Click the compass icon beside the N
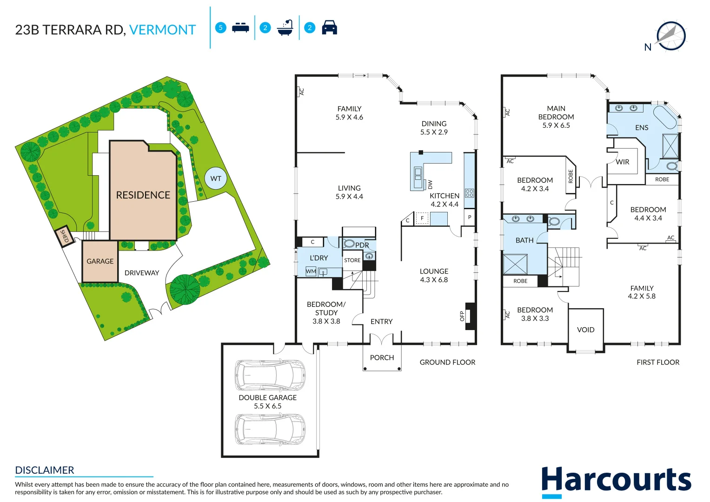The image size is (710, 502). [671, 36]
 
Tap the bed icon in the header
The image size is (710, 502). [240, 27]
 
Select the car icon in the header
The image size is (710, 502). [329, 27]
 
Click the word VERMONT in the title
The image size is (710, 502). [162, 30]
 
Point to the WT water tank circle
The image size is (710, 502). [216, 178]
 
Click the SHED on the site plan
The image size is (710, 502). [64, 237]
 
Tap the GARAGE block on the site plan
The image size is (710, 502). [100, 261]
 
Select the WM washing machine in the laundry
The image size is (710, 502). [311, 271]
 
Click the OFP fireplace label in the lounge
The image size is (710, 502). [462, 316]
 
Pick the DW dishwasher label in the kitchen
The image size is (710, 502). [430, 184]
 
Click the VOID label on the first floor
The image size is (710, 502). [585, 330]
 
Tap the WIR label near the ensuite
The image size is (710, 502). [622, 162]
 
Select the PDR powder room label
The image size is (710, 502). [362, 245]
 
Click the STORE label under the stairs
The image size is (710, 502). [352, 260]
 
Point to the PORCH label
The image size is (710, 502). [382, 357]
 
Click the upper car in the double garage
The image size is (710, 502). [270, 375]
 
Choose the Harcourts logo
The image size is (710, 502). [616, 481]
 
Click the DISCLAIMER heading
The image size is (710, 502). [45, 470]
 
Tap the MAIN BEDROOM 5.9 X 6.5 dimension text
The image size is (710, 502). [556, 125]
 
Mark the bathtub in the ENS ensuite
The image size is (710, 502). [665, 117]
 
